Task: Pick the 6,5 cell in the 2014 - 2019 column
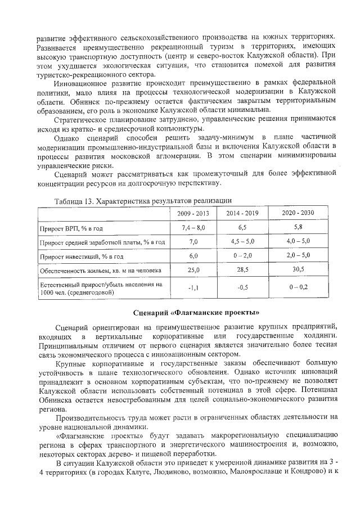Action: click(x=244, y=228)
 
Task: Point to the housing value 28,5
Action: click(x=244, y=270)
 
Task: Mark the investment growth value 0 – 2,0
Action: click(x=244, y=256)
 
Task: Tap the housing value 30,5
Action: click(x=299, y=270)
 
